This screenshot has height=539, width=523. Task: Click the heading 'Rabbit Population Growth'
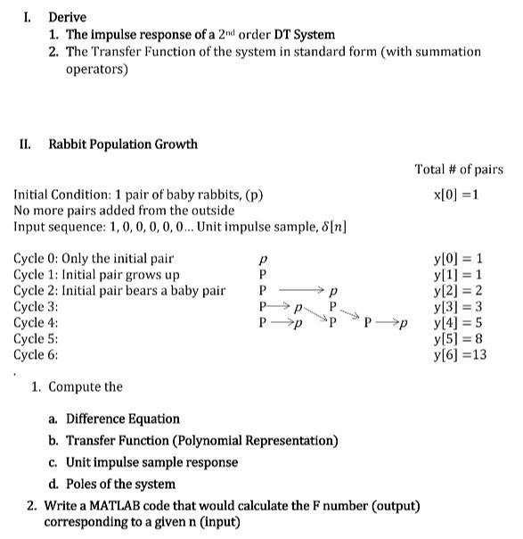[123, 145]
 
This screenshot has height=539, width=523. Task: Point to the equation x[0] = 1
[459, 195]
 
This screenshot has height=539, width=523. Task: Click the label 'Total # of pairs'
[459, 169]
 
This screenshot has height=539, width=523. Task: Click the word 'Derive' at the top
[68, 17]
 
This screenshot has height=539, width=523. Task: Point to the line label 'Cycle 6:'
[37, 354]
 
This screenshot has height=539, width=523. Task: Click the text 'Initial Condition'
[61, 195]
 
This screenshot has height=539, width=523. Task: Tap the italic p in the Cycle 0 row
[262, 259]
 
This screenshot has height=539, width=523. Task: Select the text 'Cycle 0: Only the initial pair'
[94, 259]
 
